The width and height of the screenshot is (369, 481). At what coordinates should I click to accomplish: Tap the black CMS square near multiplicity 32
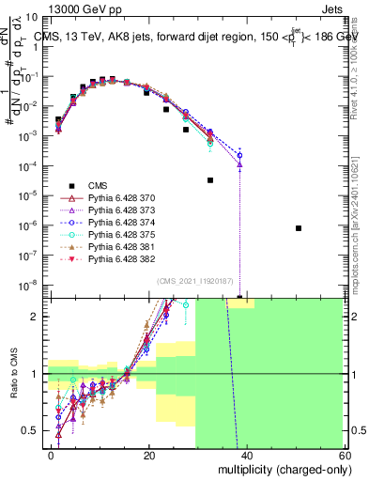point(209,179)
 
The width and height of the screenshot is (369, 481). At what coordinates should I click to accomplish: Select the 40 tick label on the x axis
point(247,456)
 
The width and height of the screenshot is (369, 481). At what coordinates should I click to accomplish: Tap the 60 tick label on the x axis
point(344,456)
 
